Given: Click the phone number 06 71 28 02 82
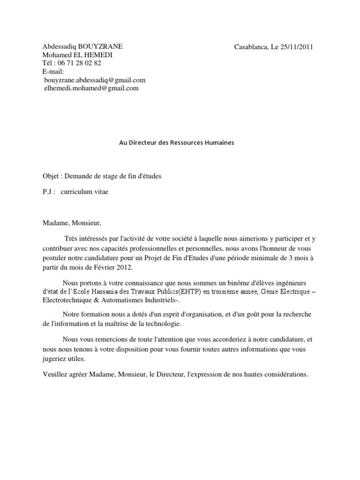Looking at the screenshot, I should point(79,63).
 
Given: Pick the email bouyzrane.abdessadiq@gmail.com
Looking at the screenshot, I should point(94,80).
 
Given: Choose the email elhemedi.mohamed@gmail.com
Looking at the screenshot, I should point(91,88).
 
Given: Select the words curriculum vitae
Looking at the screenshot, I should point(84,192).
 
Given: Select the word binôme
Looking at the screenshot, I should point(216,284).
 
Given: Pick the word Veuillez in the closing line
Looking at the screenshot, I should point(54,375).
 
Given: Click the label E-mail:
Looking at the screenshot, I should point(53,71).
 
